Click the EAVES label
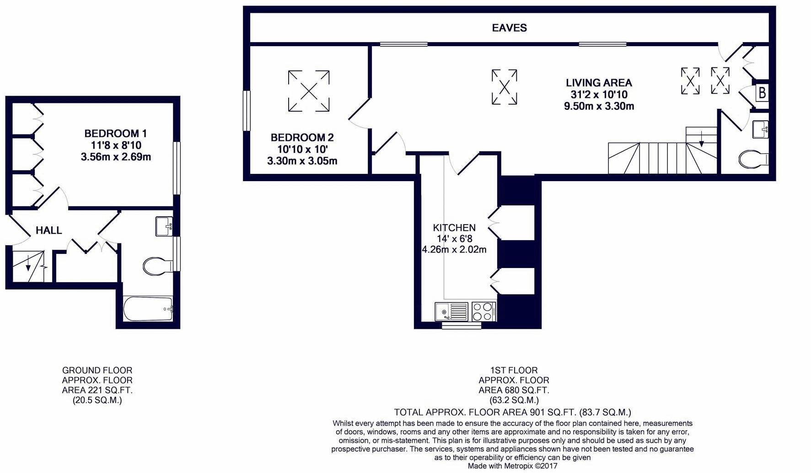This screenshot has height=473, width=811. pyautogui.click(x=509, y=28)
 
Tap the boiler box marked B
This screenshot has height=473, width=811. pyautogui.click(x=762, y=93)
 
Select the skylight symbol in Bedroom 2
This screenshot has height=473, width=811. pyautogui.click(x=309, y=91)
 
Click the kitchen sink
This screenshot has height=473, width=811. pyautogui.click(x=451, y=312)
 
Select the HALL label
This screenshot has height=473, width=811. pyautogui.click(x=49, y=231)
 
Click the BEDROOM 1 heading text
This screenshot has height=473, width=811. pyautogui.click(x=115, y=134)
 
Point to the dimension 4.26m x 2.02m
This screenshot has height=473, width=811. pyautogui.click(x=454, y=250)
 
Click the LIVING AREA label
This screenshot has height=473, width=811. pyautogui.click(x=599, y=83)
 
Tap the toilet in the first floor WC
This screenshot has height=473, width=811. pyautogui.click(x=752, y=159)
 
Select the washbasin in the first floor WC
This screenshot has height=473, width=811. pyautogui.click(x=761, y=129)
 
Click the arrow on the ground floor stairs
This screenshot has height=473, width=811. pyautogui.click(x=28, y=264)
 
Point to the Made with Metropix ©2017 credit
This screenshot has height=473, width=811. pyautogui.click(x=512, y=466)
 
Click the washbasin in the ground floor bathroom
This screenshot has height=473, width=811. pyautogui.click(x=164, y=226)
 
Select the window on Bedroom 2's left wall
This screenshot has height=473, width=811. pyautogui.click(x=247, y=111)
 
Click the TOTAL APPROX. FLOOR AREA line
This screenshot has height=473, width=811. pyautogui.click(x=512, y=412)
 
